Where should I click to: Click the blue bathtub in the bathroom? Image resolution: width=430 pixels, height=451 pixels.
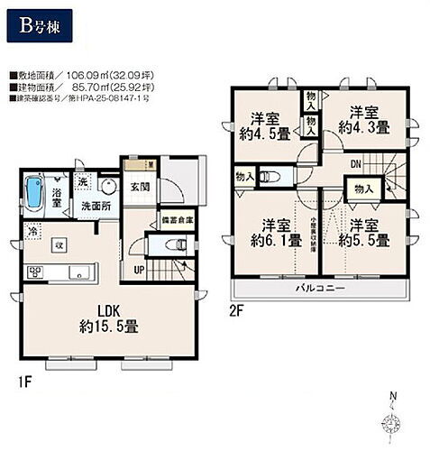[35, 191]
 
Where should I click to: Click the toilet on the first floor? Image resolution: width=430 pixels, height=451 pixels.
[177, 244]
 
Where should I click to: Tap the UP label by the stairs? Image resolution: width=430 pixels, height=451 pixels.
[139, 270]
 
